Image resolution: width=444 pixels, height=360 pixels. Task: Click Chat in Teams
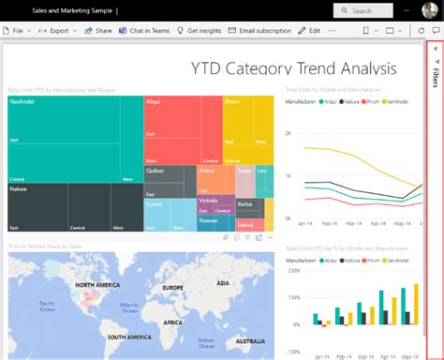[x=145, y=30]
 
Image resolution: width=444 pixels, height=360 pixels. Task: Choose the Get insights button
[x=199, y=30]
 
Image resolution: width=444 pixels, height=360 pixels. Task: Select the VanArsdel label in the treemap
[x=22, y=100]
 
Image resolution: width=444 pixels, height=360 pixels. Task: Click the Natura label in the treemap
[x=18, y=188]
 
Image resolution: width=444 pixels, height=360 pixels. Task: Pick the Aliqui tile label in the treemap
[x=155, y=100]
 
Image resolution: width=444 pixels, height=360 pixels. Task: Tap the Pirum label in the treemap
[x=233, y=100]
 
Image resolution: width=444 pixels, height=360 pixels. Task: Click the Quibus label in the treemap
[x=155, y=171]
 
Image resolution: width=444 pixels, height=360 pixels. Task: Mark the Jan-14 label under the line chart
[x=304, y=223]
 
